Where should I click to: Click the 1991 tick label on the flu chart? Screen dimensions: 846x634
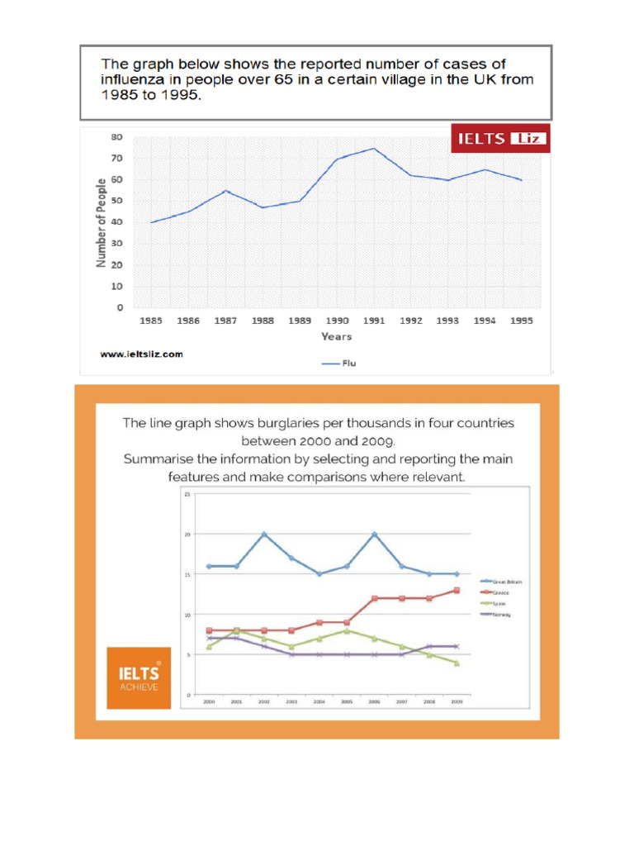coord(373,321)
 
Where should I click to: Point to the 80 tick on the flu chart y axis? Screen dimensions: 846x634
coord(117,136)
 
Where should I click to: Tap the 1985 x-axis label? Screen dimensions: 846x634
coord(151,321)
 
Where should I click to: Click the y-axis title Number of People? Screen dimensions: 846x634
coord(102,222)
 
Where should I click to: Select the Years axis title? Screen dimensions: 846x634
coord(336,336)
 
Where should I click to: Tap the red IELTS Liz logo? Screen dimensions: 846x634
coord(499,139)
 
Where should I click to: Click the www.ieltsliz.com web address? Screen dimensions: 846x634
coord(141,354)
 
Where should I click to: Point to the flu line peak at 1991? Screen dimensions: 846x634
coord(373,149)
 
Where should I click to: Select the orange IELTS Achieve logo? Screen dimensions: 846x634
coord(139,677)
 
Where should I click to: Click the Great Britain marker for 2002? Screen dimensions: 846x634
coord(263,534)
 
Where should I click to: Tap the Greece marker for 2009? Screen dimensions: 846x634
coord(456,590)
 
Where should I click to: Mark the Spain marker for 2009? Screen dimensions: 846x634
coord(456,663)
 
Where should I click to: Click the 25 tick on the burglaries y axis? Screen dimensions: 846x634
coord(187,494)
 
